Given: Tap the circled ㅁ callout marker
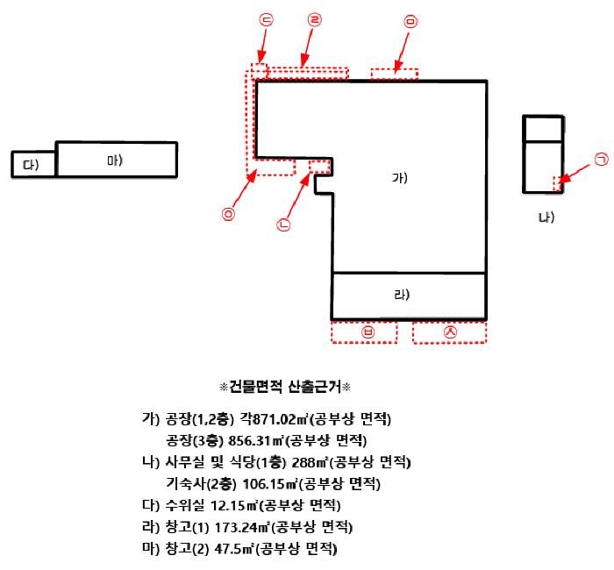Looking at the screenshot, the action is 411,20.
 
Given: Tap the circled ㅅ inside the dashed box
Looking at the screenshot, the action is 450,332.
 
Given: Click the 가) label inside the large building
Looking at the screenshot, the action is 400,178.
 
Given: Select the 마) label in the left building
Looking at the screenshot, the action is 115,160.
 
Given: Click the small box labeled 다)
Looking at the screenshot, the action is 33,165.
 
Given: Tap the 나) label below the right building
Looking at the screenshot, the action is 546,217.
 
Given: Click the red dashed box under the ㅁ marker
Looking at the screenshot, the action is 394,73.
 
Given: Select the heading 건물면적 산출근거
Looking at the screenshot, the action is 284,386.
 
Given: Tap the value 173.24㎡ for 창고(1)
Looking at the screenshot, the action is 235,528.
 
